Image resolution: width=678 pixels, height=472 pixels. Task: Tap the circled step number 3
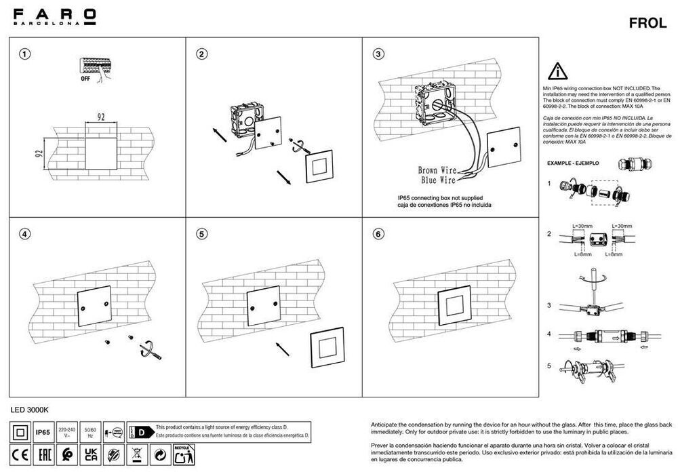click(379, 54)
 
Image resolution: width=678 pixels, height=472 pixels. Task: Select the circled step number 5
click(201, 234)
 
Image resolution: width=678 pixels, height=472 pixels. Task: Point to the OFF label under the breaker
click(85, 79)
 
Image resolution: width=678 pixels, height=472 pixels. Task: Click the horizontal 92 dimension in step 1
click(100, 117)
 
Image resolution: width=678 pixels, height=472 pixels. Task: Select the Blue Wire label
click(437, 181)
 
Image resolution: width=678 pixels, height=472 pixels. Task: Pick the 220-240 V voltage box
click(67, 432)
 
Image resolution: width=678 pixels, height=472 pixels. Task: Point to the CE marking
click(20, 454)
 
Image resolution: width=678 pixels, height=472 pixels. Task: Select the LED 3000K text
click(31, 410)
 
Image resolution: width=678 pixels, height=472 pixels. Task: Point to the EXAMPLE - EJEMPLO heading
click(574, 164)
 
